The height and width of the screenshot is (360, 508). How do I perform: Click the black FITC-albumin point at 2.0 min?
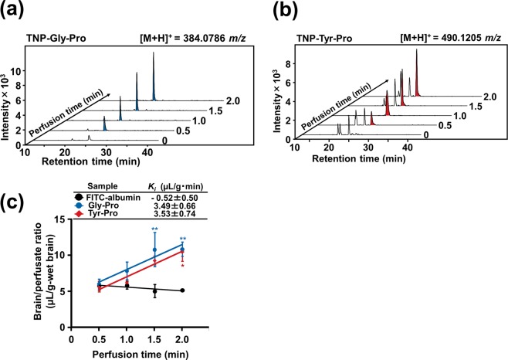coord(182,290)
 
